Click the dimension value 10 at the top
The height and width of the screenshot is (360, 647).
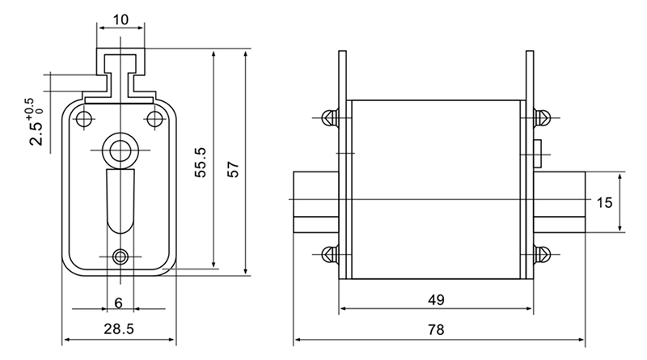coord(121,19)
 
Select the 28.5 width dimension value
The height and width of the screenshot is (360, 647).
coord(119,329)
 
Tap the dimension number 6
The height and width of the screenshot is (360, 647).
coord(118,303)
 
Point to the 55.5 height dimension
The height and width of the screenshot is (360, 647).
coord(201,163)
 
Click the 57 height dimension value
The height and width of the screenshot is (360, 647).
coord(234,169)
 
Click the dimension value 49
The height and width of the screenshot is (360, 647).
coord(436,299)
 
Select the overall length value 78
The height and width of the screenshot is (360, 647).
coord(436,329)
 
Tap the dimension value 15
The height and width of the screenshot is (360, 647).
coord(604,203)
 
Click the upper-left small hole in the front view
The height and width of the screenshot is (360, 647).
coord(85,119)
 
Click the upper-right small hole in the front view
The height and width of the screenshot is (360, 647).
coord(155,119)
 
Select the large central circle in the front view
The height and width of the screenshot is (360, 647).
coord(120,150)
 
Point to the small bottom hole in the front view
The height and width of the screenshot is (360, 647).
coord(120,256)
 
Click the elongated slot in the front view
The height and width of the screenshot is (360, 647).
coord(120,201)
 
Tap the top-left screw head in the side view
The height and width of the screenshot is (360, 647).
coord(331,118)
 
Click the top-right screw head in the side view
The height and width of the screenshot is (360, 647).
coord(542,117)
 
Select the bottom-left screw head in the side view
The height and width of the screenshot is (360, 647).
coord(331,254)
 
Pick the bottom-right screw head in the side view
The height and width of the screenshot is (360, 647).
coord(542,254)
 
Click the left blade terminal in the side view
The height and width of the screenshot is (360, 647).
coord(316,201)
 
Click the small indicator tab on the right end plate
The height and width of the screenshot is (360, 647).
coord(537,154)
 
